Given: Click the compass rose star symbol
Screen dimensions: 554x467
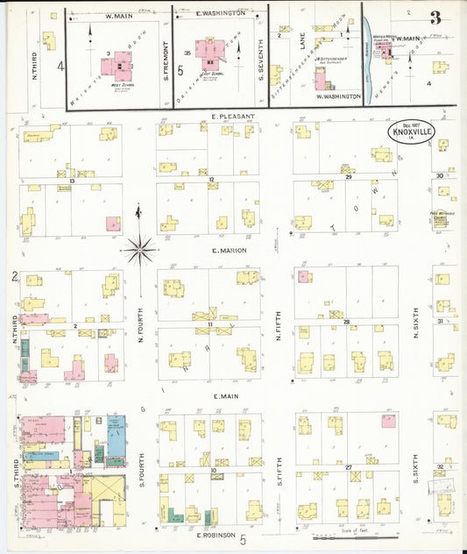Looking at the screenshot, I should (139, 250).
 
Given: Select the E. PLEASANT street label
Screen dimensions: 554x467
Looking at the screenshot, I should (232, 116).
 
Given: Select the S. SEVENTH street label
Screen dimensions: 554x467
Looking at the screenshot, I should (261, 64).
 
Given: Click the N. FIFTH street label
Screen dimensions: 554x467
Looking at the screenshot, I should (278, 323).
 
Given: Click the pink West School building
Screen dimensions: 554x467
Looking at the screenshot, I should (116, 63).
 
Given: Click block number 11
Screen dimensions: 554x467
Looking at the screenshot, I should (210, 325).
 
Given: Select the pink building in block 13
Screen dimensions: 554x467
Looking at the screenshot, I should (113, 224).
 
